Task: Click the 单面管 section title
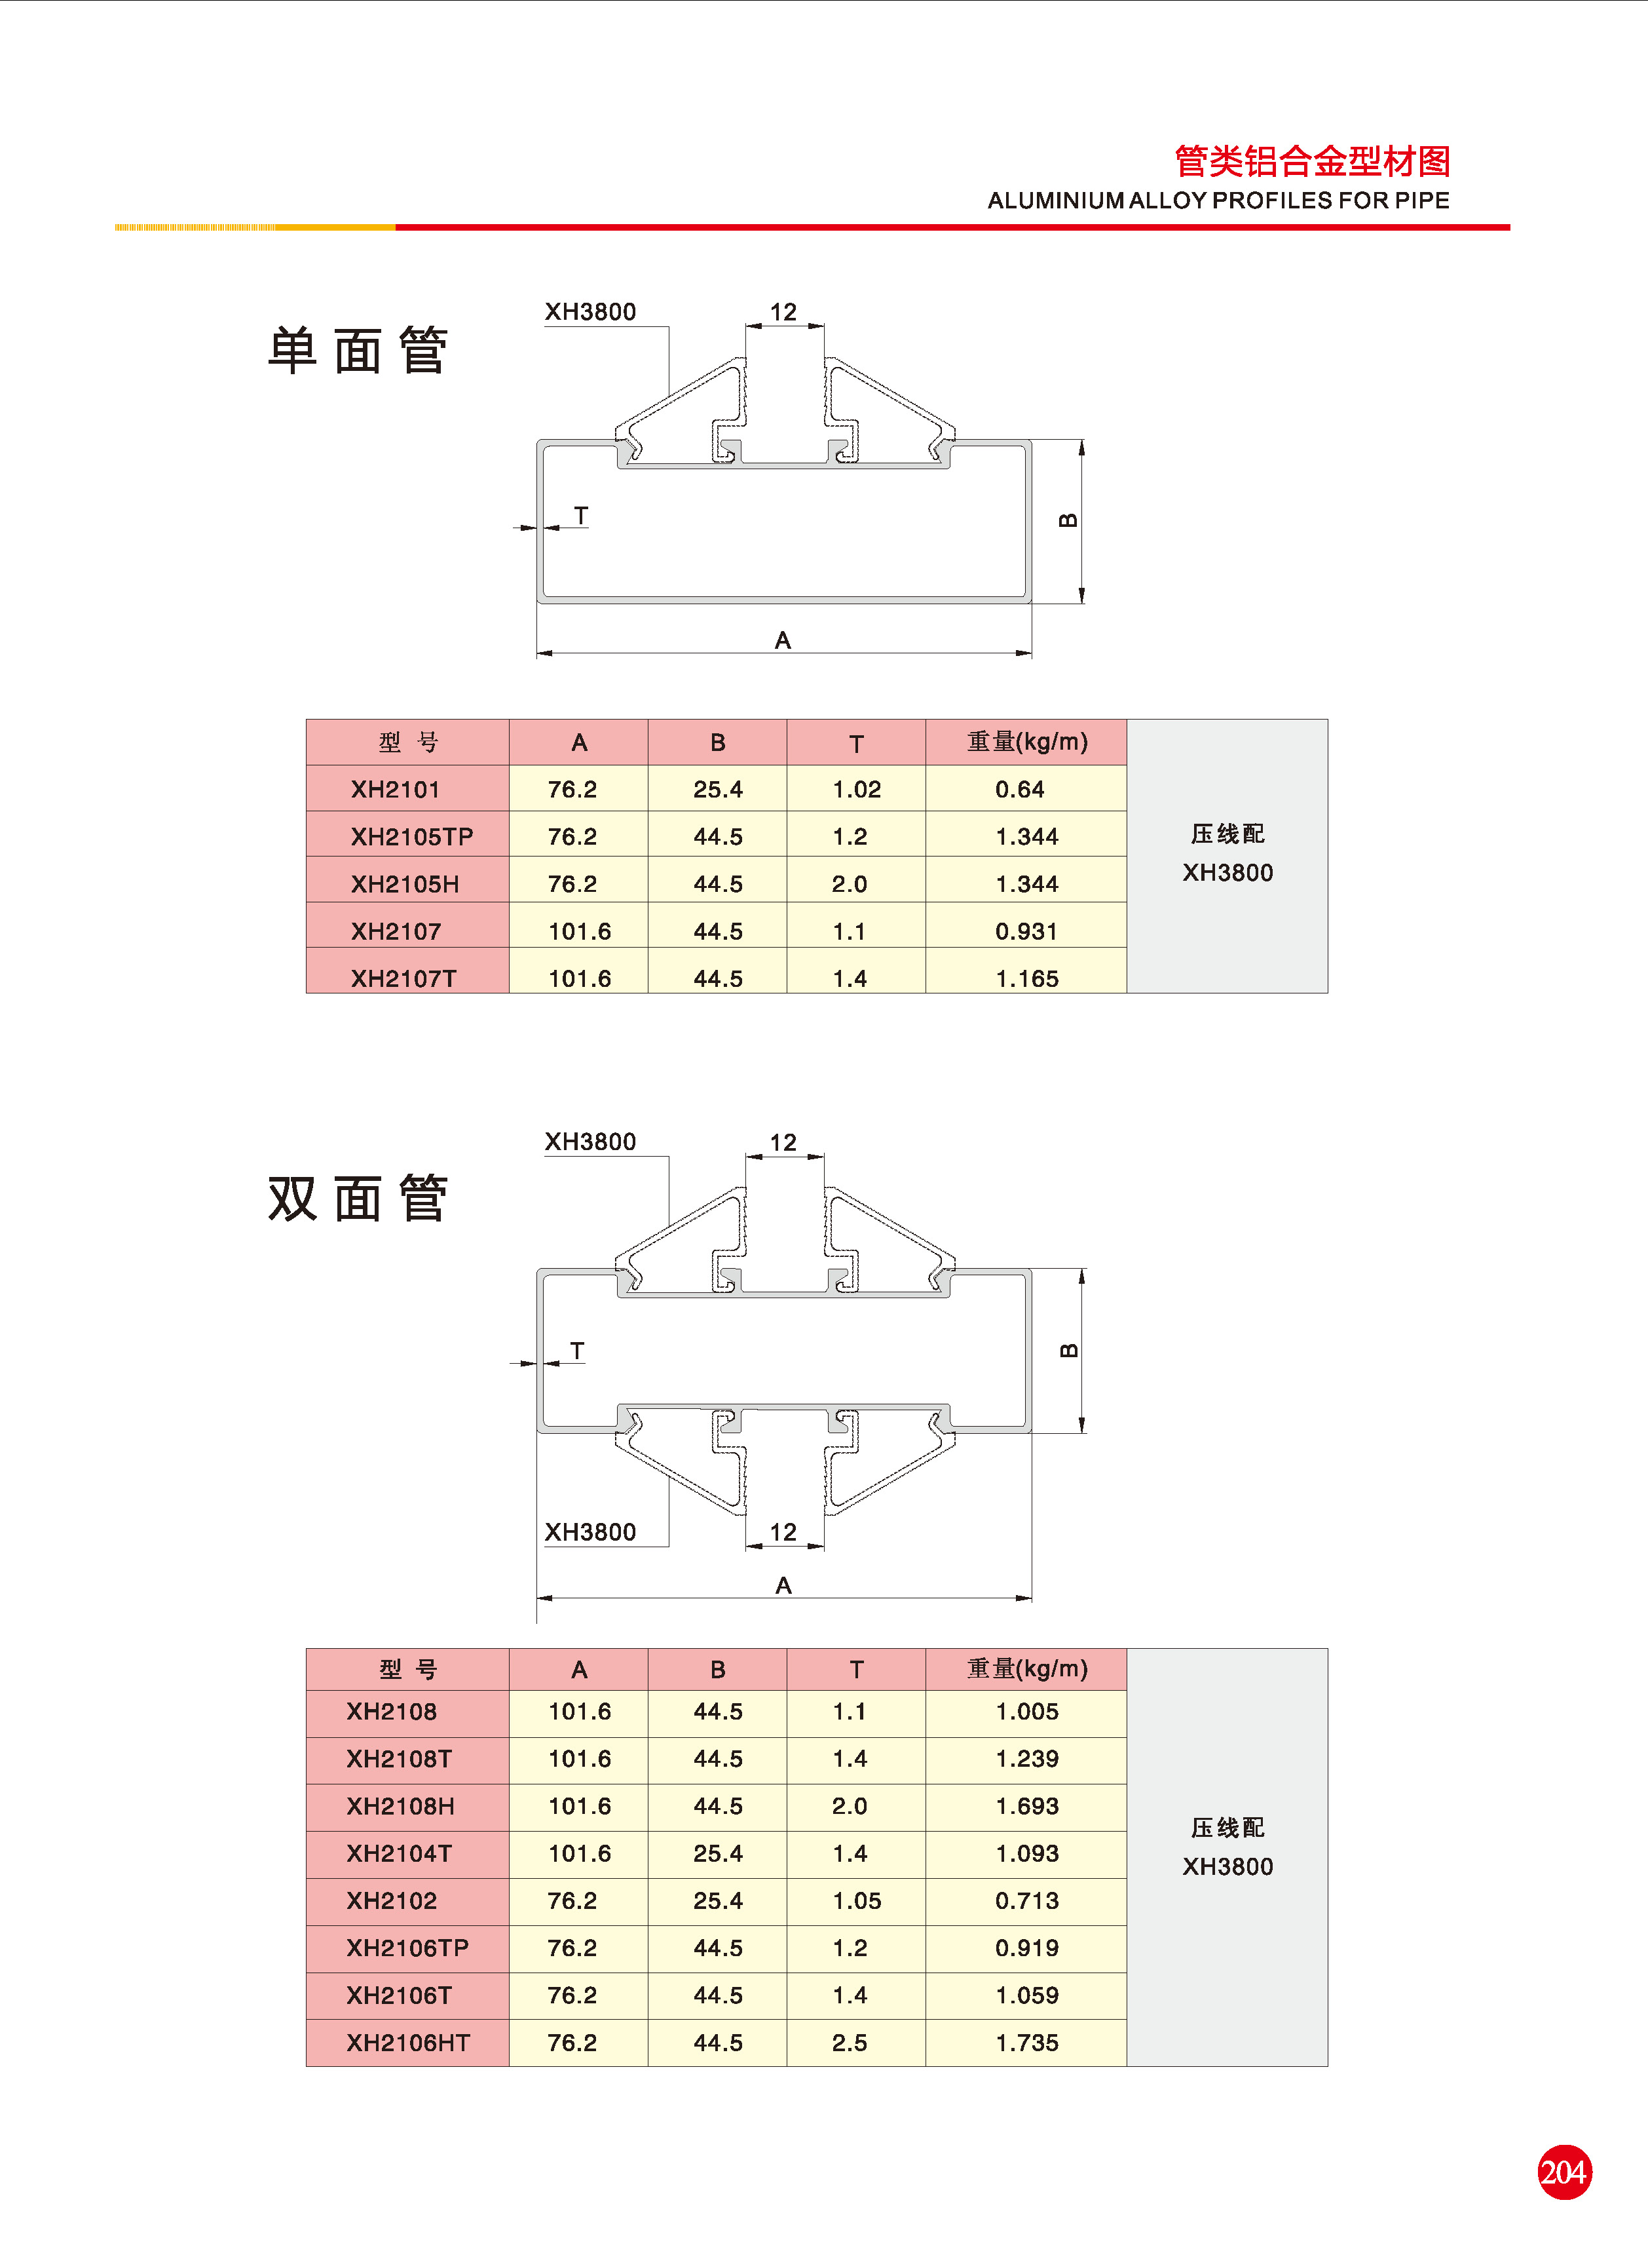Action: click(357, 351)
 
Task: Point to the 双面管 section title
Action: click(357, 1199)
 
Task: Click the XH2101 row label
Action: click(395, 789)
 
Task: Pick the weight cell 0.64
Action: click(1020, 789)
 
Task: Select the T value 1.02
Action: click(856, 789)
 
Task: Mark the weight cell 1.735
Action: click(1026, 2043)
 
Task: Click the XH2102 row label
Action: click(391, 1901)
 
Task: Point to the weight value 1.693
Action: click(1026, 1806)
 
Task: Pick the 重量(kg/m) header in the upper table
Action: click(1026, 741)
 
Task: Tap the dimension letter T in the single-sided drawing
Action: click(580, 516)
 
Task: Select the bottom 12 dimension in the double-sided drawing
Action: click(783, 1531)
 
